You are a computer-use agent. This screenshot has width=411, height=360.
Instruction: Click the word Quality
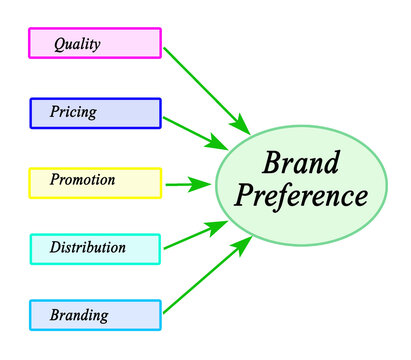point(77,44)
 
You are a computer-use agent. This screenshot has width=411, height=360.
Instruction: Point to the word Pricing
point(73,112)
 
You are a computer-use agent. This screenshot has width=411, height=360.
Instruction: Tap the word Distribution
point(89,247)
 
